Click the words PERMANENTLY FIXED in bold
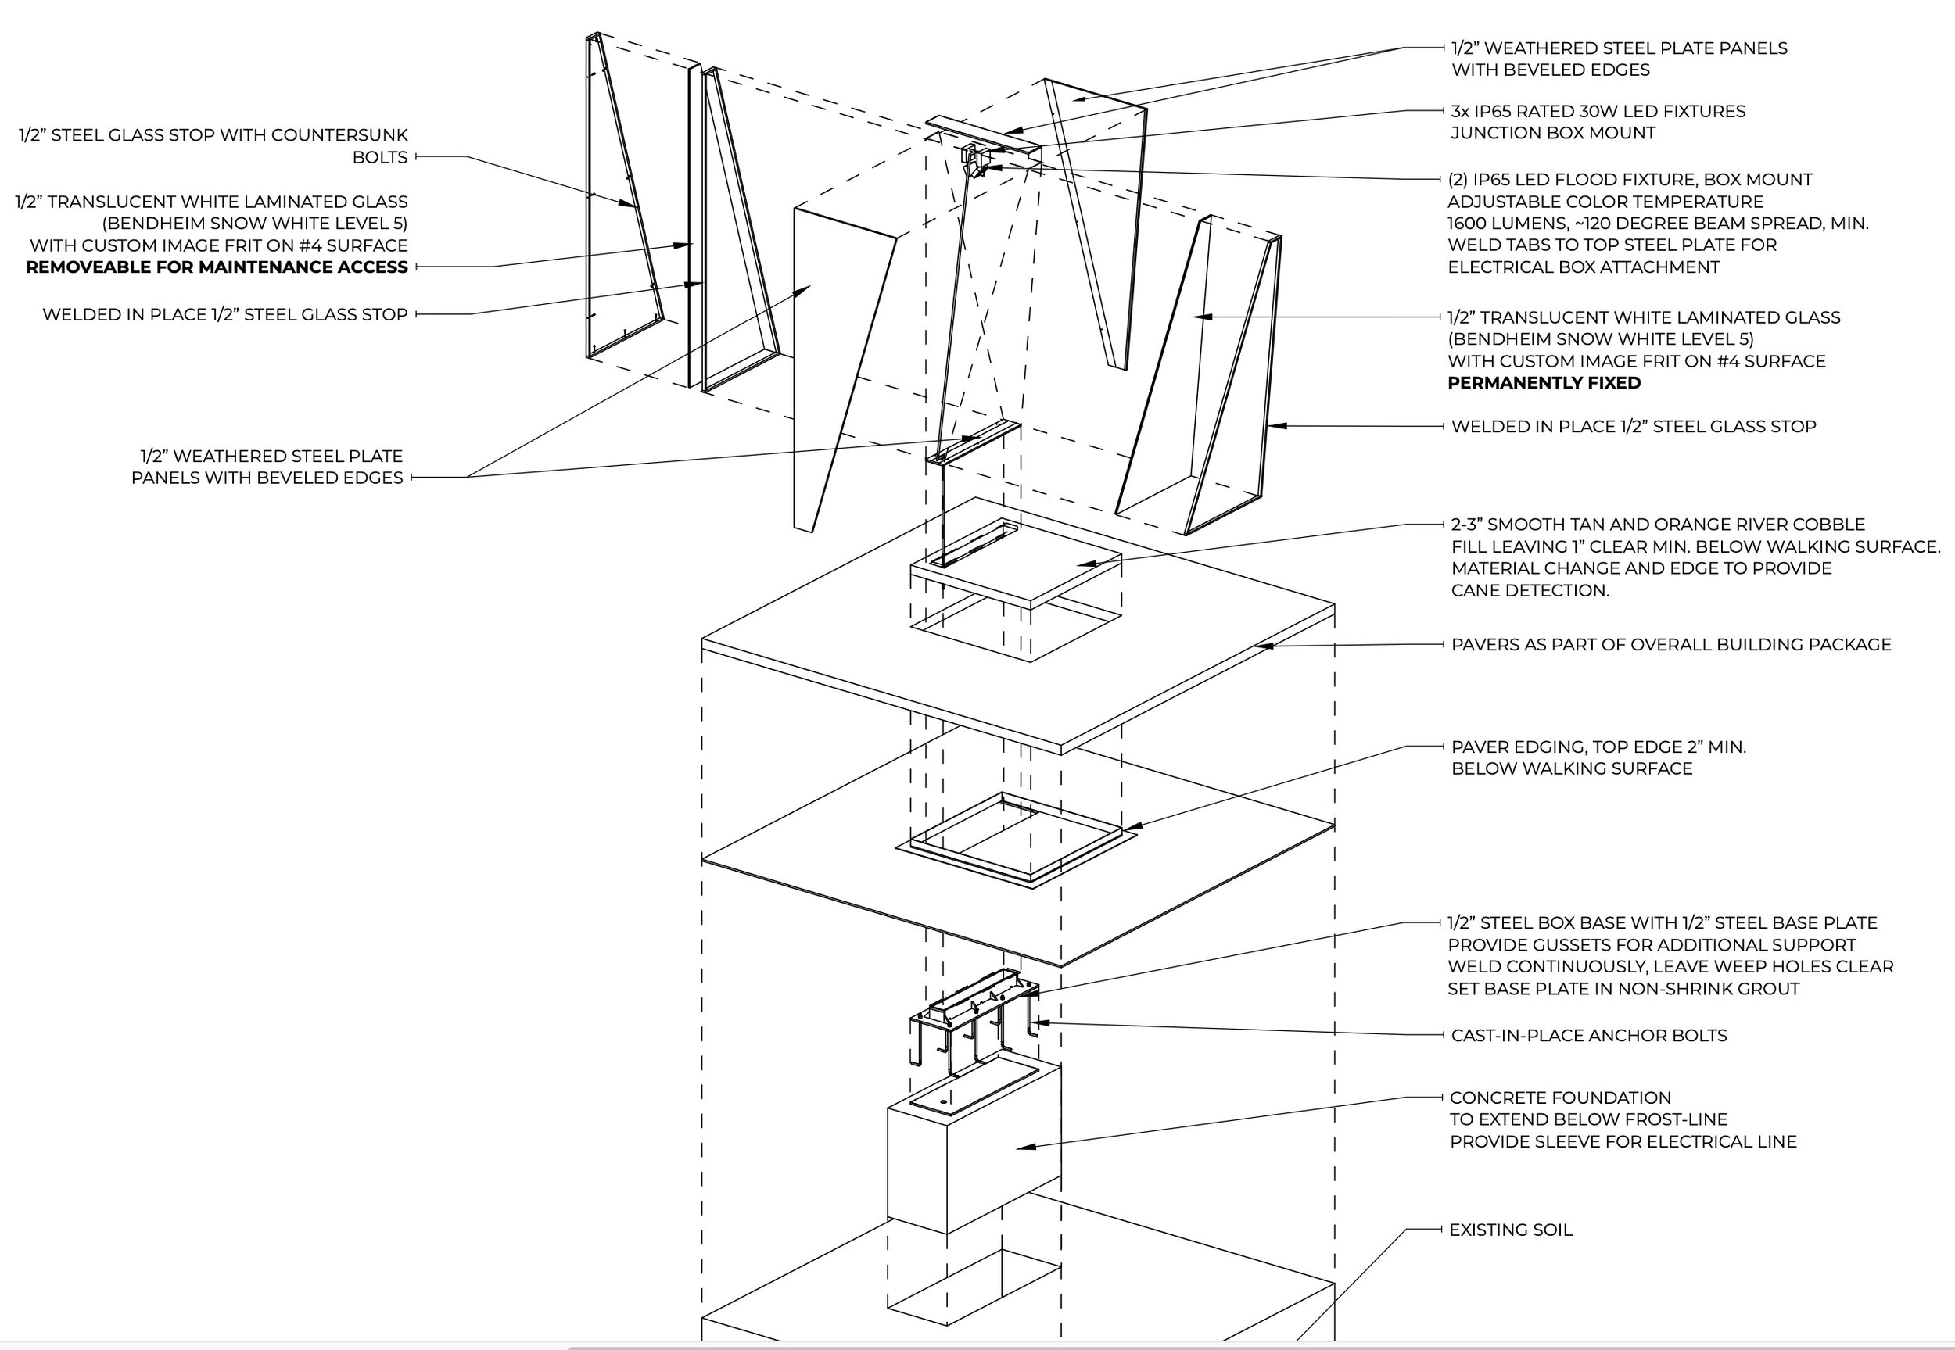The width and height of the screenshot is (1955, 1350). pyautogui.click(x=1544, y=383)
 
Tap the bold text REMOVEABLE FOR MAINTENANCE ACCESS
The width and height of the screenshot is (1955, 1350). pyautogui.click(x=217, y=267)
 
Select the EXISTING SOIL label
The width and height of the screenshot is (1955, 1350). pyautogui.click(x=1510, y=1230)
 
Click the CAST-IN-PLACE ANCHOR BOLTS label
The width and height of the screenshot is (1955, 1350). pyautogui.click(x=1589, y=1035)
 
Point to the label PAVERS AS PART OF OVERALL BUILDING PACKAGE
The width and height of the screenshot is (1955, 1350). pyautogui.click(x=1671, y=645)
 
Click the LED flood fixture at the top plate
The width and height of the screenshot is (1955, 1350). pyautogui.click(x=978, y=169)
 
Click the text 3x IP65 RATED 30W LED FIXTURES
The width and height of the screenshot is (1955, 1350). pyautogui.click(x=1598, y=112)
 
